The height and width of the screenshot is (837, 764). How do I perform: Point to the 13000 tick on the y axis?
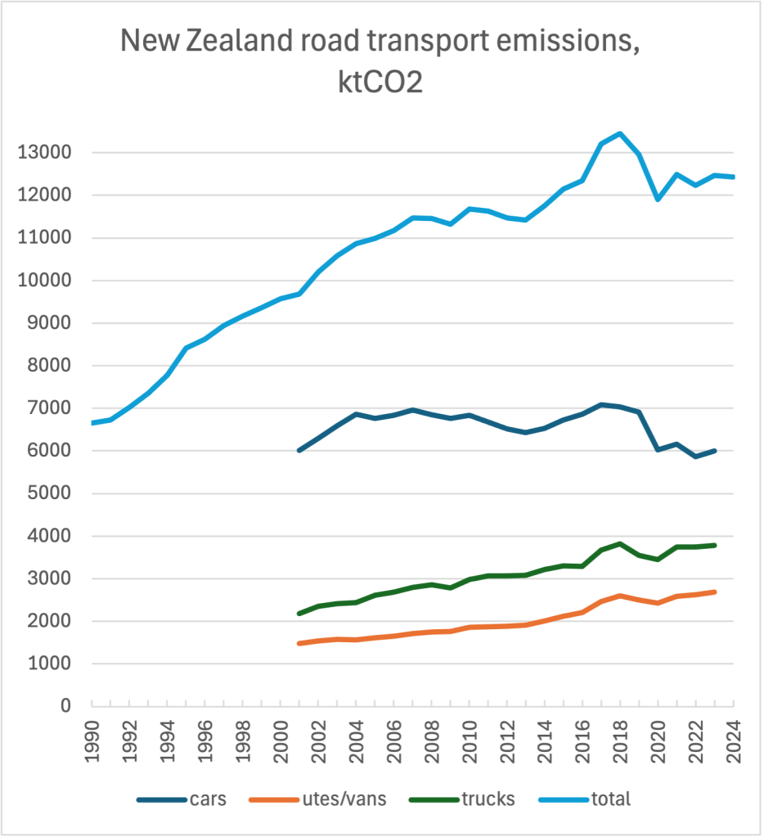(x=51, y=153)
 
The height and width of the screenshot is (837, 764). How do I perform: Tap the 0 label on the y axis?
(x=66, y=705)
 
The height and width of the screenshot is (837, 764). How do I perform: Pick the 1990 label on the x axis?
(x=92, y=738)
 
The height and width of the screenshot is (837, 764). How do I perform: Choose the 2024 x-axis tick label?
(x=733, y=738)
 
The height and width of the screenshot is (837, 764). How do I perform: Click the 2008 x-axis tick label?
(x=431, y=738)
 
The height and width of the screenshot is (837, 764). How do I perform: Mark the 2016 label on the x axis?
(x=582, y=738)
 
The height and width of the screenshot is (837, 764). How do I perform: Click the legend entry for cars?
(x=188, y=798)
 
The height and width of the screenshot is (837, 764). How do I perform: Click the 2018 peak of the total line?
(x=620, y=133)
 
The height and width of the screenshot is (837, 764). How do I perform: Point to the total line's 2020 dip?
(x=658, y=199)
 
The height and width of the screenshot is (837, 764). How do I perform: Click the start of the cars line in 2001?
(x=299, y=450)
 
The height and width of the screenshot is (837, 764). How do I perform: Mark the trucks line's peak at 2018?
(x=620, y=543)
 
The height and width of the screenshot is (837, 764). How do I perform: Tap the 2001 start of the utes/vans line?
(x=299, y=643)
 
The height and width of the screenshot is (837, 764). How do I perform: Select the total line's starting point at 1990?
(x=92, y=423)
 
